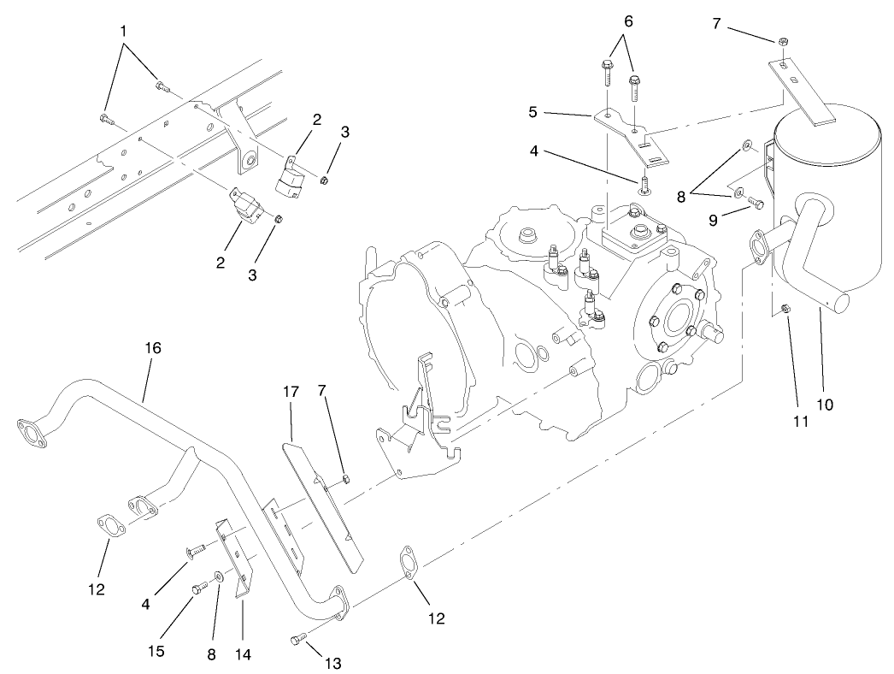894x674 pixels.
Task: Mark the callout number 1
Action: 124,29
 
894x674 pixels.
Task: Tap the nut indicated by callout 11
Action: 787,309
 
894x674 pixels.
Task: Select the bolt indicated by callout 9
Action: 755,203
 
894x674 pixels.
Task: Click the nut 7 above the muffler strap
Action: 783,42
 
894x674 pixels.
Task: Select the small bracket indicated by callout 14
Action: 234,557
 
